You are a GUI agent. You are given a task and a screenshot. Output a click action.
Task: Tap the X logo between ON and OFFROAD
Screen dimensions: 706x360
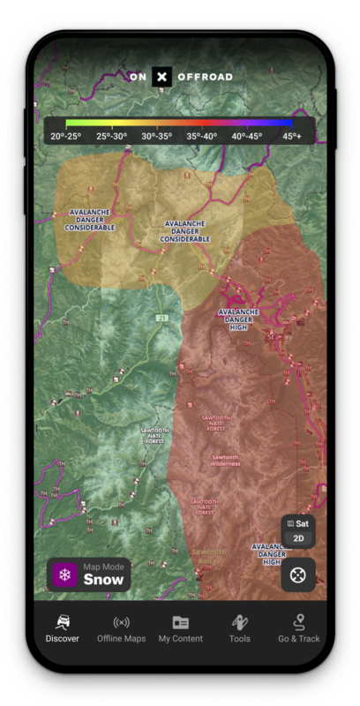[161, 77]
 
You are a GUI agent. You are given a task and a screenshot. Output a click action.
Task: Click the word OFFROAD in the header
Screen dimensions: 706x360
[205, 77]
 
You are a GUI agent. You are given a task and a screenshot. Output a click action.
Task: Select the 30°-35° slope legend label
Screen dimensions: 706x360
[158, 136]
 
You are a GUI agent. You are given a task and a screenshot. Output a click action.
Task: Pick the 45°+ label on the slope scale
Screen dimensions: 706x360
[292, 136]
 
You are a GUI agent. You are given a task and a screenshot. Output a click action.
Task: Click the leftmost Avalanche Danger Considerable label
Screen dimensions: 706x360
[90, 220]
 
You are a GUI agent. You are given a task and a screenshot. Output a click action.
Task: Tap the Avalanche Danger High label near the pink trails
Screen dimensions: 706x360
[238, 319]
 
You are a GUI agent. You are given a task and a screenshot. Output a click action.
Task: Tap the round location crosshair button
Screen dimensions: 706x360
[298, 575]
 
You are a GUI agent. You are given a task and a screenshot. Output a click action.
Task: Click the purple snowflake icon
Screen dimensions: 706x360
[64, 575]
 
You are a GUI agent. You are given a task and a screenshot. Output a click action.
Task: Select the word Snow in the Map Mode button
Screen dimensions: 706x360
[103, 580]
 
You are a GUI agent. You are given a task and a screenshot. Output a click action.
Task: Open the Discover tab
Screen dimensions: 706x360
[63, 627]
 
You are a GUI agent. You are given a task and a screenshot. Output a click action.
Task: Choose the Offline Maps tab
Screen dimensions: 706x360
[122, 627]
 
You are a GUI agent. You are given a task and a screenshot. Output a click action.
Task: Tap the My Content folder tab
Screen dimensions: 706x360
[181, 627]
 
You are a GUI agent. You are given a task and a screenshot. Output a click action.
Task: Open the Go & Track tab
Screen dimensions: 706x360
[299, 627]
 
